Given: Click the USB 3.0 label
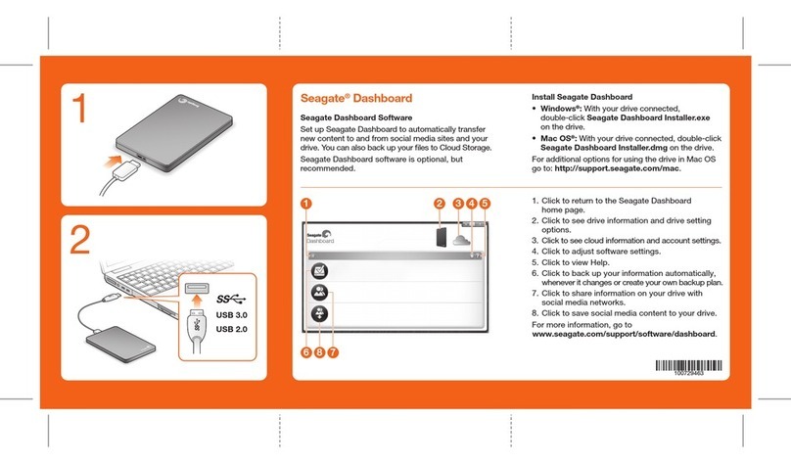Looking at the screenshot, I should [x=231, y=314].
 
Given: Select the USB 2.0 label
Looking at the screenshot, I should [x=231, y=329].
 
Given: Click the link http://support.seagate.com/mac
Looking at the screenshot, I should [x=628, y=169].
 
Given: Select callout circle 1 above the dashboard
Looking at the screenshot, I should [x=305, y=204].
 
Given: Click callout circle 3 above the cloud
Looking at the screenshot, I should [x=456, y=204].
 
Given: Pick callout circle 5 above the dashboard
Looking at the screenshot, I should [x=486, y=204].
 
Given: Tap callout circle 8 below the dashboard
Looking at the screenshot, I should [x=319, y=351].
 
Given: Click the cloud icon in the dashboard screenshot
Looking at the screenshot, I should [x=456, y=236].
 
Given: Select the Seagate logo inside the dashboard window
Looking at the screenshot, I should [x=320, y=235].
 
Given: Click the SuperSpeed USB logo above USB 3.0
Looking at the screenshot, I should [x=231, y=298].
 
